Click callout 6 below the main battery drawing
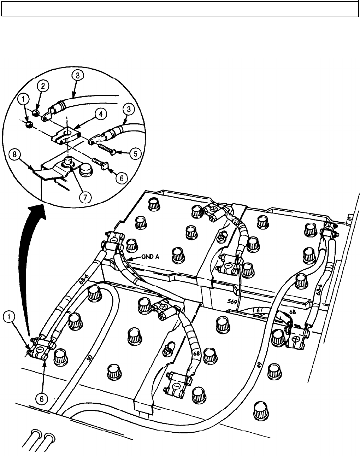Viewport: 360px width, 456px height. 42,399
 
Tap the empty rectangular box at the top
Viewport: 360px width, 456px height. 180,8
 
